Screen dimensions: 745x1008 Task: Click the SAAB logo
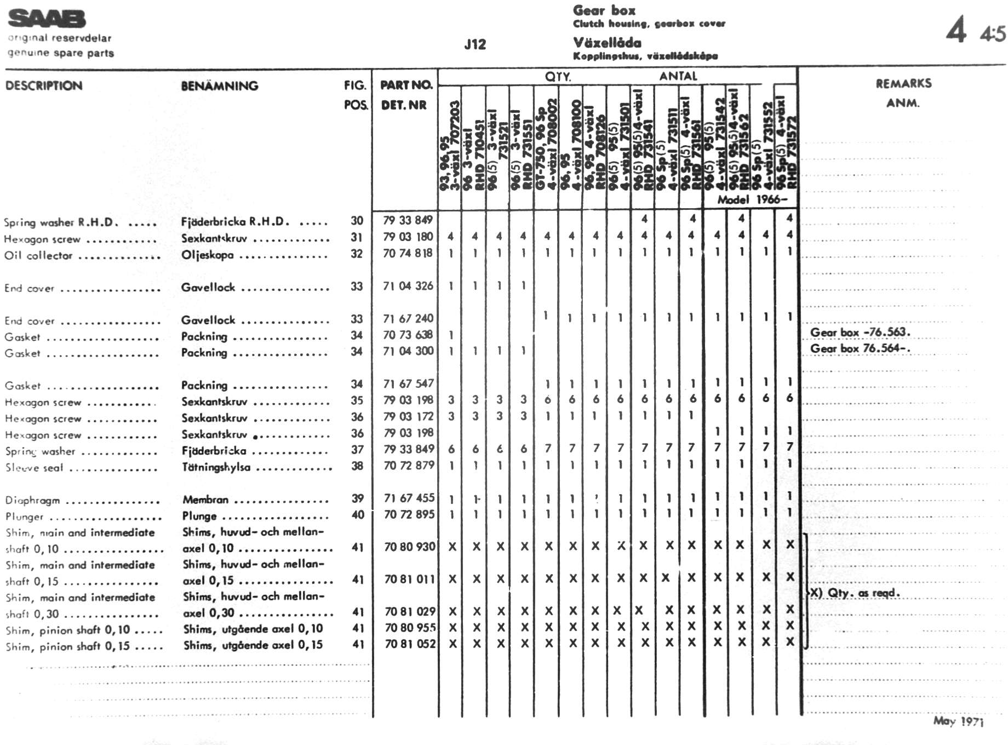click(x=47, y=19)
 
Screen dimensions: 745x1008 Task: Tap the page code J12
click(x=475, y=45)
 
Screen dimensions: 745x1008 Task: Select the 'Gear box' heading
click(x=604, y=10)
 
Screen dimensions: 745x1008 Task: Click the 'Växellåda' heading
click(x=607, y=43)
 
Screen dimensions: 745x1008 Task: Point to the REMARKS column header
click(x=903, y=84)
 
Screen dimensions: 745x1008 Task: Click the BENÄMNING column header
click(x=219, y=86)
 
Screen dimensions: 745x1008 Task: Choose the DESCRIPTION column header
click(x=44, y=86)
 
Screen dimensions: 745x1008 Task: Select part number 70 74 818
click(x=408, y=253)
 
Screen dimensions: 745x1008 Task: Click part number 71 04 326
click(x=408, y=286)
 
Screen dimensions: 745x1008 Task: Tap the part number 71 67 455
click(x=409, y=498)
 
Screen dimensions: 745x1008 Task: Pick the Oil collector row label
click(x=38, y=256)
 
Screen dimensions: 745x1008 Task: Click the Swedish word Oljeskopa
click(x=208, y=255)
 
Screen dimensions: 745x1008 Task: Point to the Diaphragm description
click(x=32, y=500)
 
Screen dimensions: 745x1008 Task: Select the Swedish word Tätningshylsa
click(x=216, y=467)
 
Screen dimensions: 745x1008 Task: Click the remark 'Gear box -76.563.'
click(x=860, y=333)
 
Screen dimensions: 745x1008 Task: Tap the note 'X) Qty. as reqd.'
click(x=855, y=593)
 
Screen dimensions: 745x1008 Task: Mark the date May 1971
click(x=958, y=721)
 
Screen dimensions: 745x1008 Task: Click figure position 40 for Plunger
click(x=358, y=515)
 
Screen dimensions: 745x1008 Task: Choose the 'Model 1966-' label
click(x=752, y=200)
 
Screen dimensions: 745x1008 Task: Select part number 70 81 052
click(x=410, y=644)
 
